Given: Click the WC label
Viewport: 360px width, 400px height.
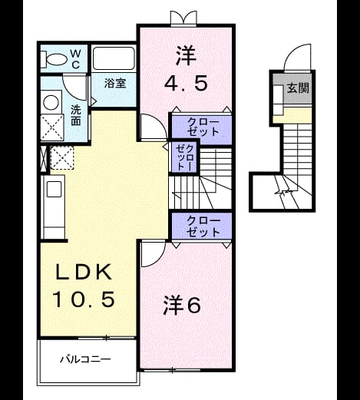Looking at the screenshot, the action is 75,59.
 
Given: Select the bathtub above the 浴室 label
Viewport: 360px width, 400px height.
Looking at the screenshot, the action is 114,58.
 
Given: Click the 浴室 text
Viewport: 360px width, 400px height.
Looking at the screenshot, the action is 115,83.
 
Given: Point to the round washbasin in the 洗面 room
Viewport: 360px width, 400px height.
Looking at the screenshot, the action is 51,102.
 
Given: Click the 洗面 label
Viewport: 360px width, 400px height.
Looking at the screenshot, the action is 76,115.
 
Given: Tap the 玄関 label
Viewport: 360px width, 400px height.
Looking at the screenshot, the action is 298,88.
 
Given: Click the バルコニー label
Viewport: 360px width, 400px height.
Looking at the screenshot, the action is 85,359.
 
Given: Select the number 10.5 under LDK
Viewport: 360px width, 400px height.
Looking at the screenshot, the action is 84,299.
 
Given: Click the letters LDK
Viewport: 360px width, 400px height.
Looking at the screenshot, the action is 84,272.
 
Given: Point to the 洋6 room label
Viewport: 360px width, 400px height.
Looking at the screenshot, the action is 182,306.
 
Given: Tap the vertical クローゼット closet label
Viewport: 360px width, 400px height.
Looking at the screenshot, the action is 185,157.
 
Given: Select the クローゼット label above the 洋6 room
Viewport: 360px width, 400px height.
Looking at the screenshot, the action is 203,226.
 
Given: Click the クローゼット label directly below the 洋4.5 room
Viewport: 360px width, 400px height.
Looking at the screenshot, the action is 203,127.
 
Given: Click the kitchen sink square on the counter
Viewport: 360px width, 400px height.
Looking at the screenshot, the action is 54,189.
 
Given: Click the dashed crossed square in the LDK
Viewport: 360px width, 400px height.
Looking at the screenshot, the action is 61,158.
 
